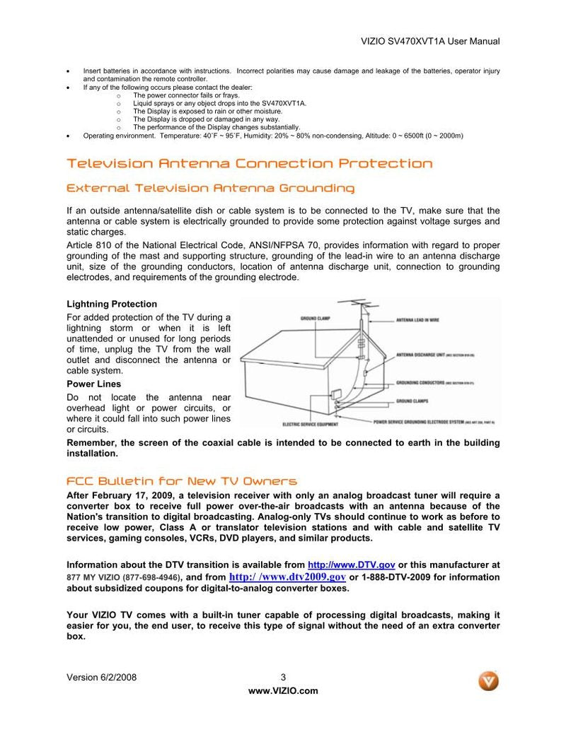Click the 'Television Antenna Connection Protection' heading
pyautogui.click(x=249, y=164)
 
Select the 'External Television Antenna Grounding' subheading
pyautogui.click(x=210, y=189)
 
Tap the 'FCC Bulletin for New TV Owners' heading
pyautogui.click(x=181, y=481)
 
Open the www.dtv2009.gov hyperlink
pyautogui.click(x=288, y=577)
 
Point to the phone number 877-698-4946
pyautogui.click(x=151, y=577)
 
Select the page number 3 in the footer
pyautogui.click(x=283, y=678)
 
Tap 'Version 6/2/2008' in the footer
pyautogui.click(x=101, y=678)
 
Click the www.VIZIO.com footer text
pyautogui.click(x=283, y=691)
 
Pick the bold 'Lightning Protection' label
pyautogui.click(x=112, y=305)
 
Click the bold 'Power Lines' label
pyautogui.click(x=93, y=384)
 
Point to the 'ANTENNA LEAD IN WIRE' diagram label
pyautogui.click(x=417, y=320)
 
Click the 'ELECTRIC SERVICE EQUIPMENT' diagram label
pyautogui.click(x=310, y=425)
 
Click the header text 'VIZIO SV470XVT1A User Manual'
pyautogui.click(x=430, y=42)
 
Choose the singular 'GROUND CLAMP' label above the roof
pyautogui.click(x=315, y=319)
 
